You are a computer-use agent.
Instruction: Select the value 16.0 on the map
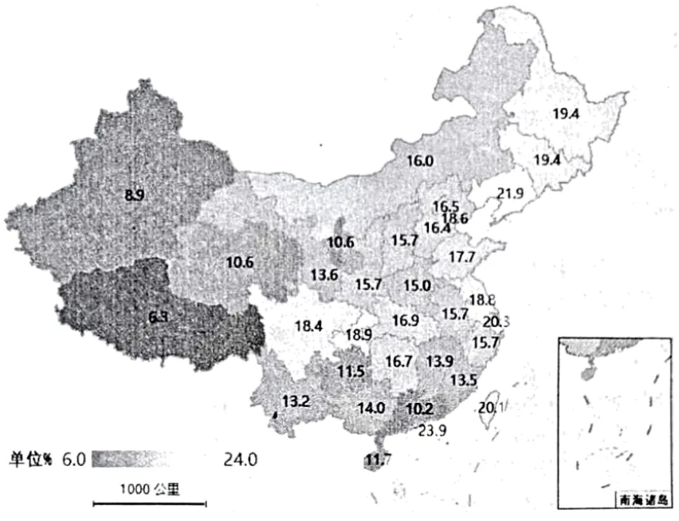click(x=419, y=160)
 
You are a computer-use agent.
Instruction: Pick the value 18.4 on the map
click(x=308, y=326)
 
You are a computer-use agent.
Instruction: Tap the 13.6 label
click(x=324, y=275)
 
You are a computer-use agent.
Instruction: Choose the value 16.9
click(x=406, y=320)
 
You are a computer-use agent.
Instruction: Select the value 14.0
click(x=371, y=408)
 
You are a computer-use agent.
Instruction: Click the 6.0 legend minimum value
click(x=73, y=459)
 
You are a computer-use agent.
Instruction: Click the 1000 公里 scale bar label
click(x=150, y=489)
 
